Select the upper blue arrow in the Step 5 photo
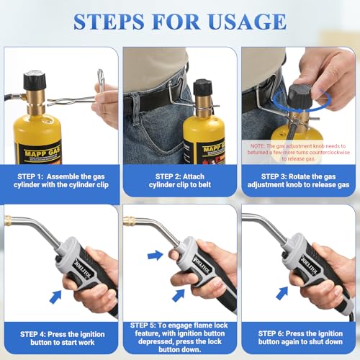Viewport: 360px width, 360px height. click(154, 254)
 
